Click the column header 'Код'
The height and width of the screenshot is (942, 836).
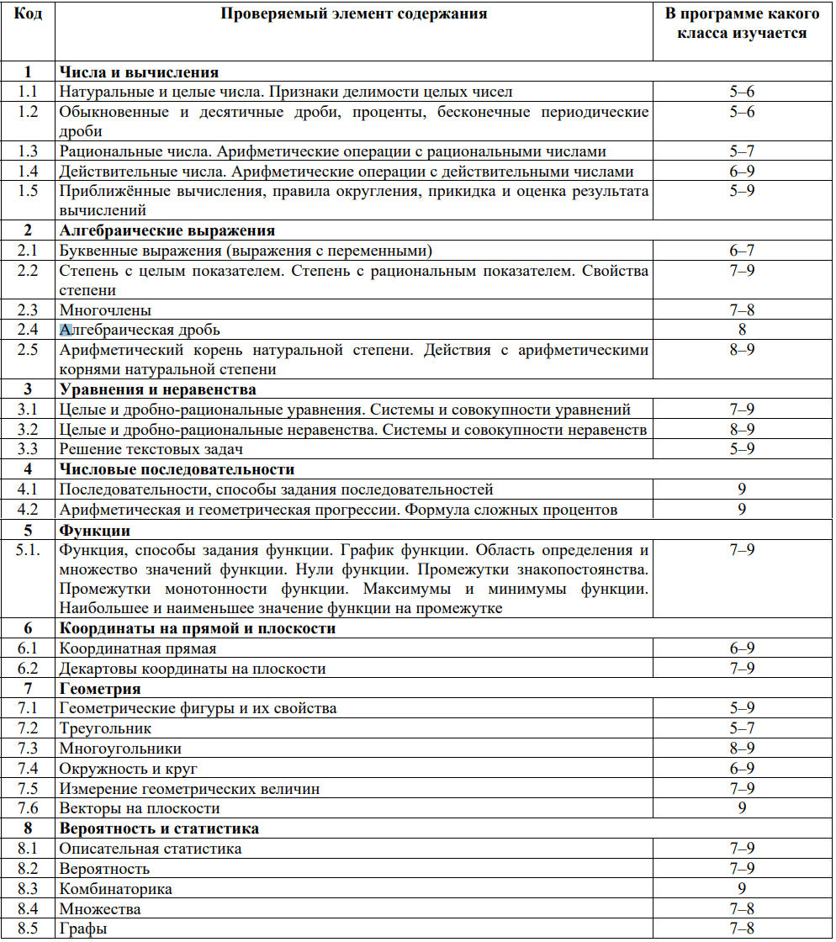(x=28, y=14)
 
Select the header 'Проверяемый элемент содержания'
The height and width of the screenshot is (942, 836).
(x=353, y=14)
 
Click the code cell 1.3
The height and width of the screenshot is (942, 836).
(x=28, y=152)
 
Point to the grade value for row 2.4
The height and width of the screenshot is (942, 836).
(x=742, y=331)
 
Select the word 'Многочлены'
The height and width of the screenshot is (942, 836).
(x=105, y=310)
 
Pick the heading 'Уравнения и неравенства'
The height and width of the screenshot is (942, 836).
(x=158, y=390)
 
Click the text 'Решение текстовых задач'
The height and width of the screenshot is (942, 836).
(x=145, y=450)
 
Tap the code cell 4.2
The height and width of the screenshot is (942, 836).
(x=28, y=510)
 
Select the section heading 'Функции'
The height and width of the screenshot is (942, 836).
(x=94, y=531)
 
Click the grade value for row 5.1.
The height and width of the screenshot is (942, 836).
(x=742, y=551)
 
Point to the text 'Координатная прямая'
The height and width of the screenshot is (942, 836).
(x=138, y=649)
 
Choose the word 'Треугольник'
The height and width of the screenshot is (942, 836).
(x=105, y=728)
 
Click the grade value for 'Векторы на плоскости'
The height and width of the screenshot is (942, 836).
(x=742, y=808)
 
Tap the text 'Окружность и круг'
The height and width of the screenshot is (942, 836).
(x=128, y=769)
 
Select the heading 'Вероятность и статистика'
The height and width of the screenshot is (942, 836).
(x=159, y=828)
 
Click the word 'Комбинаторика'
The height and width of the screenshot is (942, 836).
(x=115, y=889)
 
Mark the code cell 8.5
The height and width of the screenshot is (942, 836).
(x=28, y=929)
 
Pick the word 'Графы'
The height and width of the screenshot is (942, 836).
(x=83, y=929)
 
